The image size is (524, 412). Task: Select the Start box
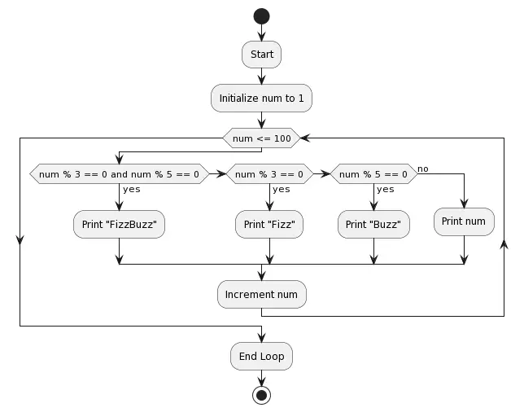pyautogui.click(x=261, y=55)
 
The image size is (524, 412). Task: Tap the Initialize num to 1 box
pyautogui.click(x=261, y=98)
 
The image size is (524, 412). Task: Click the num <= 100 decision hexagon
pyautogui.click(x=261, y=138)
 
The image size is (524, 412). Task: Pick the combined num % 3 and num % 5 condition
pyautogui.click(x=119, y=173)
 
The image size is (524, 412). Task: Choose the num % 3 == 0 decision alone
pyautogui.click(x=269, y=173)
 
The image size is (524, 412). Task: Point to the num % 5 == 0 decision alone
pyautogui.click(x=373, y=173)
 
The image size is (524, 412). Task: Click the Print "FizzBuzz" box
pyautogui.click(x=119, y=224)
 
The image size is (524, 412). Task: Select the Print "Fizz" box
pyautogui.click(x=269, y=224)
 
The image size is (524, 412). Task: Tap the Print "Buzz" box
pyautogui.click(x=373, y=224)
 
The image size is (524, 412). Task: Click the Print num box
pyautogui.click(x=464, y=221)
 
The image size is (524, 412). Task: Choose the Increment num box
pyautogui.click(x=261, y=294)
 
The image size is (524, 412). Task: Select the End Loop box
pyautogui.click(x=261, y=356)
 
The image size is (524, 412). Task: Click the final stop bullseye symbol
pyautogui.click(x=261, y=396)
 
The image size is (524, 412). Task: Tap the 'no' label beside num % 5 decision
pyautogui.click(x=423, y=169)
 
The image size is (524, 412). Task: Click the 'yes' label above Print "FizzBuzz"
pyautogui.click(x=132, y=189)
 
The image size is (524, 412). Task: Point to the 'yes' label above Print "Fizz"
pyautogui.click(x=282, y=189)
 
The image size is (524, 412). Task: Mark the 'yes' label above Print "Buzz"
pyautogui.click(x=386, y=189)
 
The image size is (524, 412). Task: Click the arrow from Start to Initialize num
pyautogui.click(x=261, y=76)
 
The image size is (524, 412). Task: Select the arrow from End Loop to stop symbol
pyautogui.click(x=261, y=378)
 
